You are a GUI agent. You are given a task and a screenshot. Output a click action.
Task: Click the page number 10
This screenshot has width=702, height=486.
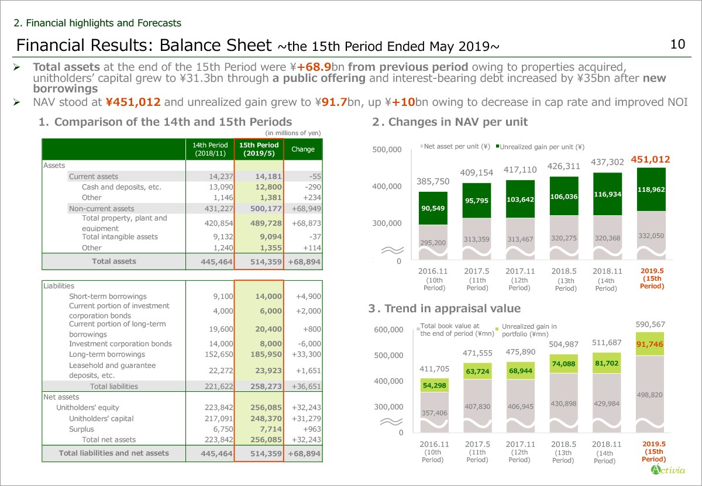(677, 44)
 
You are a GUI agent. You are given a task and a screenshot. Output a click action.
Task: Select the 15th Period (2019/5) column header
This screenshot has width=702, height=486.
(258, 150)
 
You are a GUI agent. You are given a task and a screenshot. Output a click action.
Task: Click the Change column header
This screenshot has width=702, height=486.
(302, 150)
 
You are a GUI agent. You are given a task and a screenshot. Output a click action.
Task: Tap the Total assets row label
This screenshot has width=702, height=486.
(113, 261)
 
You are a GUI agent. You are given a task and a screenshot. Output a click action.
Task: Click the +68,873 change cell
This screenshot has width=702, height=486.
(304, 223)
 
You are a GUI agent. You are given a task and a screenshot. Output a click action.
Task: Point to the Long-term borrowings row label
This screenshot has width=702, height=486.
(106, 354)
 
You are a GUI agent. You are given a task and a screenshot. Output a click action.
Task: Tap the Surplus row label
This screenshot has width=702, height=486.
(81, 429)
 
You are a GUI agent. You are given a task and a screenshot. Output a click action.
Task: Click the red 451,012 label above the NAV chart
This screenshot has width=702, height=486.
(650, 160)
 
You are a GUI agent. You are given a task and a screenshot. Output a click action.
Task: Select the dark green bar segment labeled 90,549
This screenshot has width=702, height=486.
(433, 208)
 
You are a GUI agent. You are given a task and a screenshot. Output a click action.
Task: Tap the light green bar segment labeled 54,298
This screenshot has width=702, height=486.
(433, 385)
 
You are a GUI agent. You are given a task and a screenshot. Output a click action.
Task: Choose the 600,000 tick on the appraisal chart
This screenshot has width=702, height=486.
(388, 330)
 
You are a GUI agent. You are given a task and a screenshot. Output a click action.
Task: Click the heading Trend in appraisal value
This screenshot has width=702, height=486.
(445, 308)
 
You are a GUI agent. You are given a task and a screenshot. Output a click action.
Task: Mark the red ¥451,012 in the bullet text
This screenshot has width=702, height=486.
(133, 102)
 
